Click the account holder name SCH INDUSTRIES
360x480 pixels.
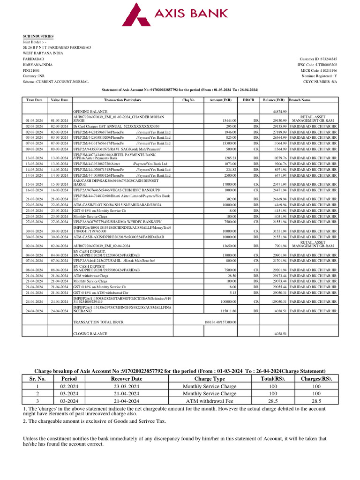point(38,36)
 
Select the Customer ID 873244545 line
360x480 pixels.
point(318,59)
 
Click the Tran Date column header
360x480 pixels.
point(34,100)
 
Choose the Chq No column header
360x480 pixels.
point(188,100)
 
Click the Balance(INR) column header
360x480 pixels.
point(274,100)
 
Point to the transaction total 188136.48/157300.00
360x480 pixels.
point(220,322)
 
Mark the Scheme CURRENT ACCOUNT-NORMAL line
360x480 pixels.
point(56,82)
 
